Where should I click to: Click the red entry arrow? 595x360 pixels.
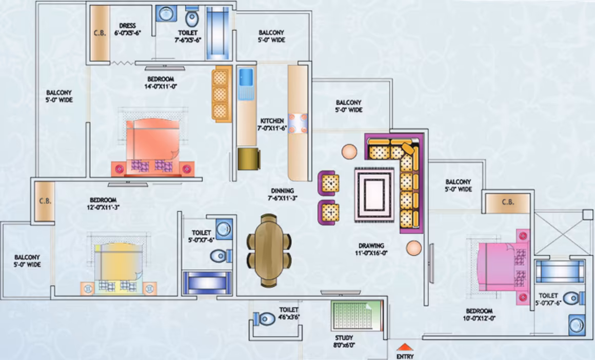[x=405, y=347]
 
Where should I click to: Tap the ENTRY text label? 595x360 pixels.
[x=405, y=356]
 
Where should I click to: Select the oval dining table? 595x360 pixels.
[x=269, y=250]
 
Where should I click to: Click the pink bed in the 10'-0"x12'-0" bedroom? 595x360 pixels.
[x=500, y=267]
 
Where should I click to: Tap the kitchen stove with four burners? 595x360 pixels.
[x=298, y=124]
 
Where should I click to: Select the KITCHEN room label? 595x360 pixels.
[x=272, y=121]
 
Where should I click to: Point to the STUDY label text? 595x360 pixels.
[x=344, y=338]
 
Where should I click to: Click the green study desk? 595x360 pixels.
[x=356, y=316]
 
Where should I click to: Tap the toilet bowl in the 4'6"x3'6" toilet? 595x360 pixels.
[x=265, y=318]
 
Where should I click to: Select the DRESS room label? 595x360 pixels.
[x=127, y=26]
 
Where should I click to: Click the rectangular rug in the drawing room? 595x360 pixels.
[x=374, y=195]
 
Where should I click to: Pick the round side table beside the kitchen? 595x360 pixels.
[x=349, y=152]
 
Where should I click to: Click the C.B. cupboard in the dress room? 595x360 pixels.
[x=100, y=32]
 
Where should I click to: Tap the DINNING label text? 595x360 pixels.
[x=282, y=191]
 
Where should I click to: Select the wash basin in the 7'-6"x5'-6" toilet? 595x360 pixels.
[x=166, y=14]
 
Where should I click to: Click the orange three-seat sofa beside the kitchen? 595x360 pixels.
[x=222, y=94]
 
